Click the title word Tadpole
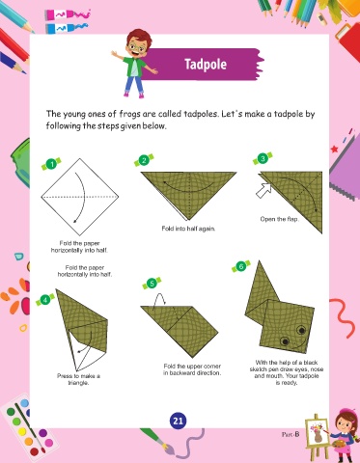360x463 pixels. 206,65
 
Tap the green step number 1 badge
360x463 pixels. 51,164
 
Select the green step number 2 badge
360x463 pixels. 144,160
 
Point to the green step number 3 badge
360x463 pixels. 263,158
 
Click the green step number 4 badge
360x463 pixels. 45,300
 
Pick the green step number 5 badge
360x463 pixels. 152,284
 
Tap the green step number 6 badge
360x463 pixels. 241,266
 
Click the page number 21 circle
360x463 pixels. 178,421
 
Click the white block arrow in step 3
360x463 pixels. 263,190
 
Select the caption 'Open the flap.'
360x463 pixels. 280,219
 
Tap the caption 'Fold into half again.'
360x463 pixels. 188,229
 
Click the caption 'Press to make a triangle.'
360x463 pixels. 78,379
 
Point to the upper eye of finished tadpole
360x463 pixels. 301,330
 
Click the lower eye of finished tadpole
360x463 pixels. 285,341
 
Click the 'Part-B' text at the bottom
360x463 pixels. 291,434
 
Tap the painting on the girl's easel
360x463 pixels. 316,431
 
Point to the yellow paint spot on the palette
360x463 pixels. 22,431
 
